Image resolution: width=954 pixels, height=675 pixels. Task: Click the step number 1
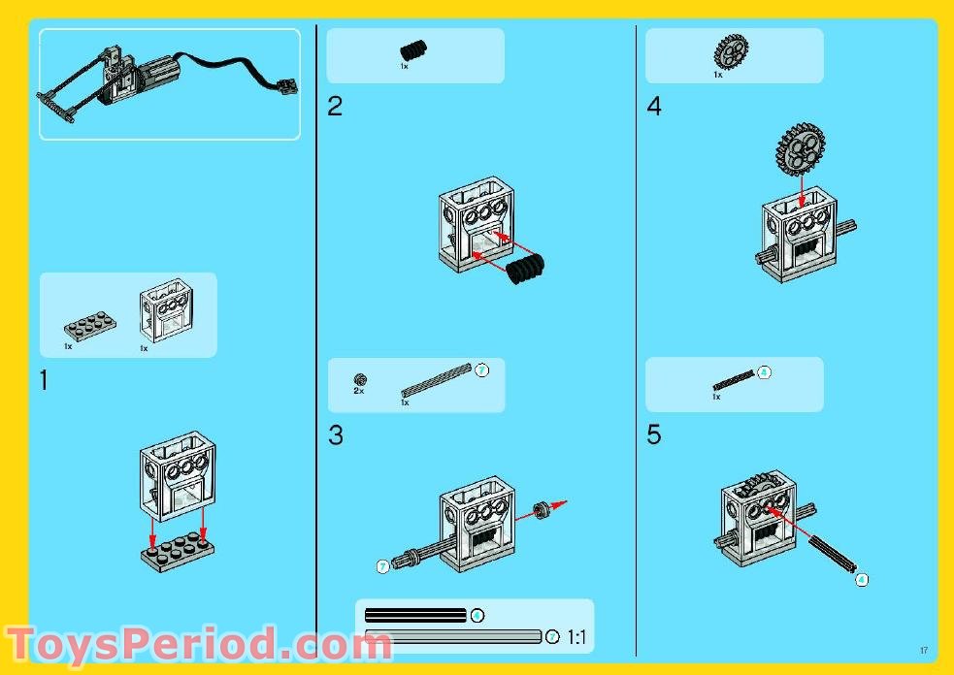tap(44, 381)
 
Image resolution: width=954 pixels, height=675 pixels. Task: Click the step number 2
tap(335, 107)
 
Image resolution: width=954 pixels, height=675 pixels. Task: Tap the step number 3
tap(335, 436)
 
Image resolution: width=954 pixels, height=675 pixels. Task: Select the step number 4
tap(654, 107)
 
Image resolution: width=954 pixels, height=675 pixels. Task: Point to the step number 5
tap(654, 436)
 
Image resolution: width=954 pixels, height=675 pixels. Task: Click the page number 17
tap(924, 650)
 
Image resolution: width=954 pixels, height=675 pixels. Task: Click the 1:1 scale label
tap(577, 637)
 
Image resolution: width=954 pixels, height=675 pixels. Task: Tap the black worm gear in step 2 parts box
tap(413, 49)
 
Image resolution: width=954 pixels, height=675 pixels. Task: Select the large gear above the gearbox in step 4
tap(800, 148)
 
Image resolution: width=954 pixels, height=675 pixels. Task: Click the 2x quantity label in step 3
tap(359, 390)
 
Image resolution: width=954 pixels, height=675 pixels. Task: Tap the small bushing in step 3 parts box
tap(360, 378)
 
